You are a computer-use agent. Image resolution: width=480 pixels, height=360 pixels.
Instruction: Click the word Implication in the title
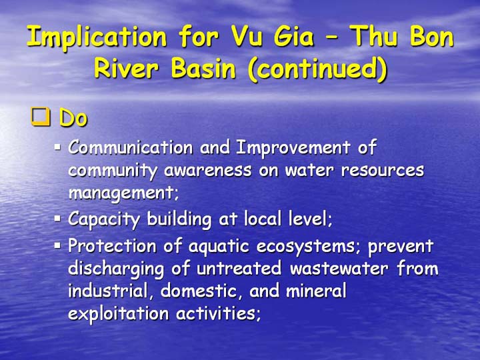tap(97, 37)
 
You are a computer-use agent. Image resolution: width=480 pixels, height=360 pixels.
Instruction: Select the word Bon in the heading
tap(431, 36)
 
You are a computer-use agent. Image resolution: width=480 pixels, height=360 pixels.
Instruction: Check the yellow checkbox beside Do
tap(41, 117)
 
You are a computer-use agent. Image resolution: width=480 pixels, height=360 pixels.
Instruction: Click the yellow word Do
tap(73, 117)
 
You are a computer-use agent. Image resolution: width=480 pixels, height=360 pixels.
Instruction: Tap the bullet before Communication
tap(57, 147)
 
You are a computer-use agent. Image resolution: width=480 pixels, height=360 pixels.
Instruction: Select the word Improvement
tap(293, 148)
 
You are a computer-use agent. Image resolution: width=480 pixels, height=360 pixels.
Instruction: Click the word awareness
tap(207, 170)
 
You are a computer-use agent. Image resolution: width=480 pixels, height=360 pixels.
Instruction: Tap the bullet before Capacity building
tap(57, 219)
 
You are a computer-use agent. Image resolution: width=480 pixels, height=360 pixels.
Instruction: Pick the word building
tap(179, 220)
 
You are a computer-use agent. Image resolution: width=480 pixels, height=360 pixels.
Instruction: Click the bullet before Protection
tap(57, 245)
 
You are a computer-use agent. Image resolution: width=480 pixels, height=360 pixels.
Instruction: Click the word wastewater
tap(339, 269)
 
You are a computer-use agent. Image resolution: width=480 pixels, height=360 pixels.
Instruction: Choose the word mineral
tap(316, 290)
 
